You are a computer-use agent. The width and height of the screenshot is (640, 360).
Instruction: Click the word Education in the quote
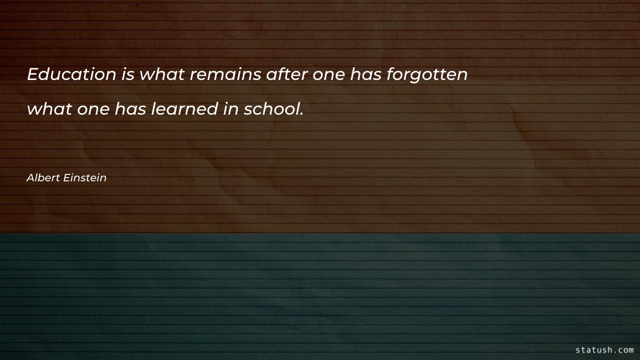pos(71,75)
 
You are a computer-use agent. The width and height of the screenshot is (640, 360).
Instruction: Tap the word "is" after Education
pos(128,75)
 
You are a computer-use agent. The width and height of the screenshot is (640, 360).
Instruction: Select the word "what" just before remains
pos(162,75)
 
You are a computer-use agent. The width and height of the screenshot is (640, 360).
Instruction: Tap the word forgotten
pos(427,75)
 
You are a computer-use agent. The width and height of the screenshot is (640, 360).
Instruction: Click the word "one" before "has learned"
pos(93,110)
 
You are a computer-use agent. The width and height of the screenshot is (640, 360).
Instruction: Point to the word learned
pos(182,109)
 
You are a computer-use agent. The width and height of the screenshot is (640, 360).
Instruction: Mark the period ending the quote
pos(301,114)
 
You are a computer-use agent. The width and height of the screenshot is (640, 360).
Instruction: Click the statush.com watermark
pos(604,350)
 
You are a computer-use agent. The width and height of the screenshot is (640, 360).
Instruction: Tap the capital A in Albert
pos(30,178)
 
